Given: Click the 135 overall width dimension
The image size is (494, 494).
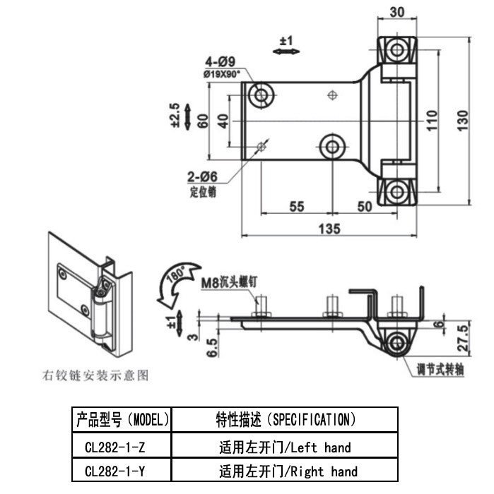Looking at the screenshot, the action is [329, 229].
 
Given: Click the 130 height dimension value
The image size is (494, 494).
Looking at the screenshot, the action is [463, 121].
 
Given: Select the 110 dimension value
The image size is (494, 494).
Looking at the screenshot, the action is [432, 121].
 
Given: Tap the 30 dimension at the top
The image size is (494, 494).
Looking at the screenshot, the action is [397, 12].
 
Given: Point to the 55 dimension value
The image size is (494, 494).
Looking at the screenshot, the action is [297, 207].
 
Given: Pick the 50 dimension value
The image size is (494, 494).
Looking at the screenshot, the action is [365, 207].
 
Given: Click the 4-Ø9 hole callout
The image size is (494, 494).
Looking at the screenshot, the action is [220, 61].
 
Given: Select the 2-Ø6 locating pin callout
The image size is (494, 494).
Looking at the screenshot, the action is [202, 176].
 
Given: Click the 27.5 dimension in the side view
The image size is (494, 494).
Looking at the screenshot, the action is [463, 339].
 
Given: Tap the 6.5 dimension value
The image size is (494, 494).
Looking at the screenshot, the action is [212, 348].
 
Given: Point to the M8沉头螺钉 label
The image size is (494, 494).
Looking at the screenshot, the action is [230, 282].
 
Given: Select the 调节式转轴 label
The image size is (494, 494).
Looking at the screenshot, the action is [440, 369].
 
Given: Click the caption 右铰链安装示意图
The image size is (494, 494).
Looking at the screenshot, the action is [95, 375].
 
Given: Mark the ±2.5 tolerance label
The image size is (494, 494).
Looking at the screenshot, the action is [175, 115].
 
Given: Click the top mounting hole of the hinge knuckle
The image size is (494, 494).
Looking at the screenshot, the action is [397, 50].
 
